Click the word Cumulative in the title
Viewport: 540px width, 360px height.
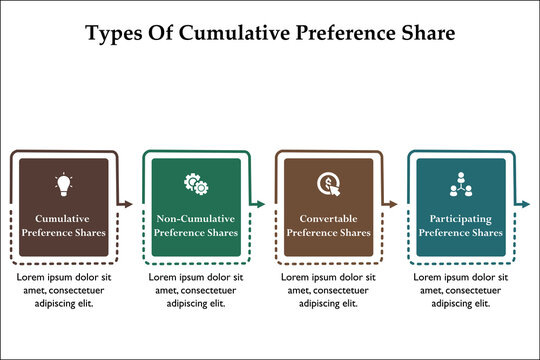227,32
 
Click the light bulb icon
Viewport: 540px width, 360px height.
63,184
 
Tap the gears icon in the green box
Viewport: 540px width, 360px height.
196,184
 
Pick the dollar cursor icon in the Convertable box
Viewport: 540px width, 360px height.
328,184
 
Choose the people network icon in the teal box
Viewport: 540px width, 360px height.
460,184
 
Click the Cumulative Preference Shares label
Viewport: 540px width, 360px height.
63,225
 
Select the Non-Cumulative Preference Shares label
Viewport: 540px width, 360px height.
196,225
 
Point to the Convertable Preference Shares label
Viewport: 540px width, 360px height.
328,225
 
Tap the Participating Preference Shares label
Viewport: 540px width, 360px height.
460,225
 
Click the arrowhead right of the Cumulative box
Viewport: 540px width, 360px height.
128,204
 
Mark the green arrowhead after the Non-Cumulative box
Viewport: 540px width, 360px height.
261,204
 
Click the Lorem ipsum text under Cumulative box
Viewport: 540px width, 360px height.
63,289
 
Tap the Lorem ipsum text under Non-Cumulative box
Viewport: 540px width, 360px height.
196,289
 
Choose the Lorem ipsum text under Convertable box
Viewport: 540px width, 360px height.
328,289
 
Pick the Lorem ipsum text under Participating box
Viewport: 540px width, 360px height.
460,289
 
